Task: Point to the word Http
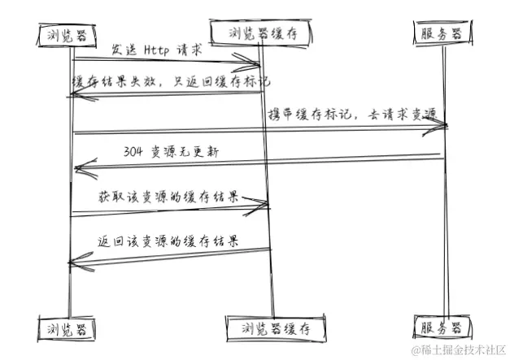(157, 50)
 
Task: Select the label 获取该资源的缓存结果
(168, 196)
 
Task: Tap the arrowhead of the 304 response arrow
(77, 168)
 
